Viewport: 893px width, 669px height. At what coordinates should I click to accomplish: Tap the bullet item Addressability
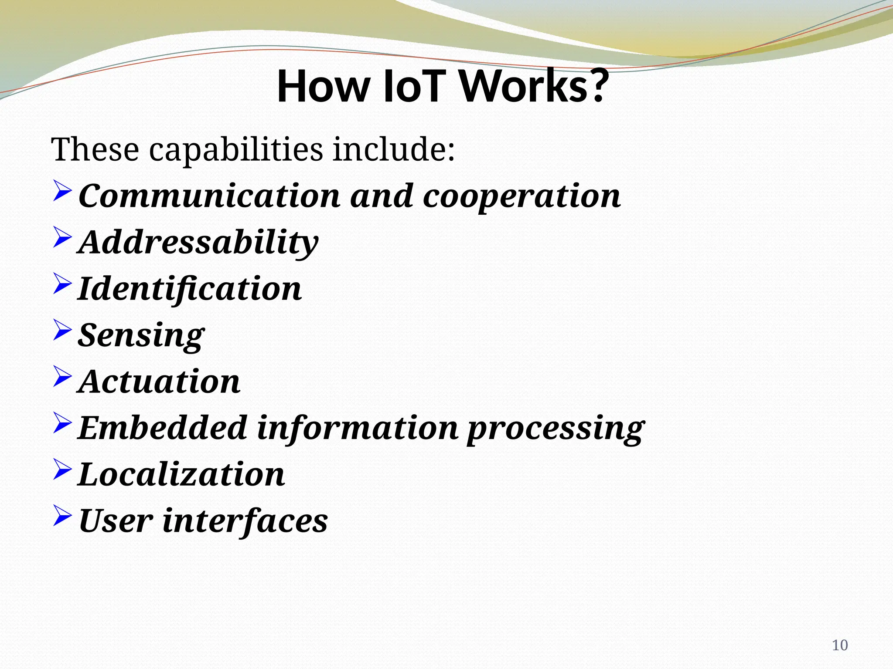pyautogui.click(x=199, y=243)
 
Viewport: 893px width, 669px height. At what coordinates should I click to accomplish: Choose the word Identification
pyautogui.click(x=190, y=289)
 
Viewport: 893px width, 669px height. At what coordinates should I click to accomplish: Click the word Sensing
pyautogui.click(x=141, y=336)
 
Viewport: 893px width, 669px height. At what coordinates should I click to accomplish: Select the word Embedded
pyautogui.click(x=162, y=428)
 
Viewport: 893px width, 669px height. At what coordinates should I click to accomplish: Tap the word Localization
pyautogui.click(x=181, y=474)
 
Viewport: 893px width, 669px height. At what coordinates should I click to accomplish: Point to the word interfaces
pyautogui.click(x=245, y=521)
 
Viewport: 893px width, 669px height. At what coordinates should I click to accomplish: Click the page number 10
pyautogui.click(x=840, y=645)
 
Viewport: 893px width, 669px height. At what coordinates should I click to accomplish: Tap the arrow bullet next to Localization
pyautogui.click(x=62, y=470)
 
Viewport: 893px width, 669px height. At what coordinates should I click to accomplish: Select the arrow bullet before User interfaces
pyautogui.click(x=62, y=516)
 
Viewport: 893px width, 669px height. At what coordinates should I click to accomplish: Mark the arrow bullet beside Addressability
pyautogui.click(x=62, y=238)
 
